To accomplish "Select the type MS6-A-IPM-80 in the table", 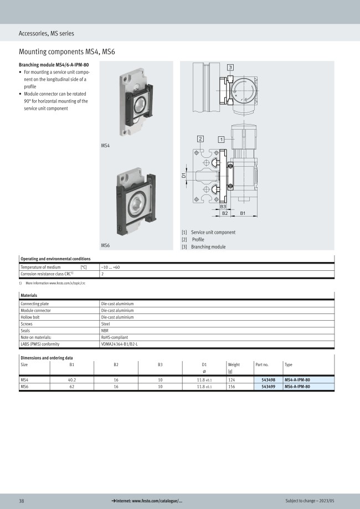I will point(296,387).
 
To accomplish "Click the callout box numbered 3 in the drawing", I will point(230,67).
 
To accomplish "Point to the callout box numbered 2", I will point(200,138).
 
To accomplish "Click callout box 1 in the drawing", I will point(221,139).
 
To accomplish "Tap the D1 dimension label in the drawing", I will point(183,176).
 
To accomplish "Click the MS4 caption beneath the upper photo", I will point(105,145).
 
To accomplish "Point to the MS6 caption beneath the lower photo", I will point(105,245).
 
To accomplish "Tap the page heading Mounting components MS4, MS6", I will point(66,52).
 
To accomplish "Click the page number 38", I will point(22,501).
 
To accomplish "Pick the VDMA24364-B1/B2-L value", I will point(119,344).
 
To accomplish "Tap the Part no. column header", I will point(262,365).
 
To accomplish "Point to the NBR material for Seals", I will point(104,331).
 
